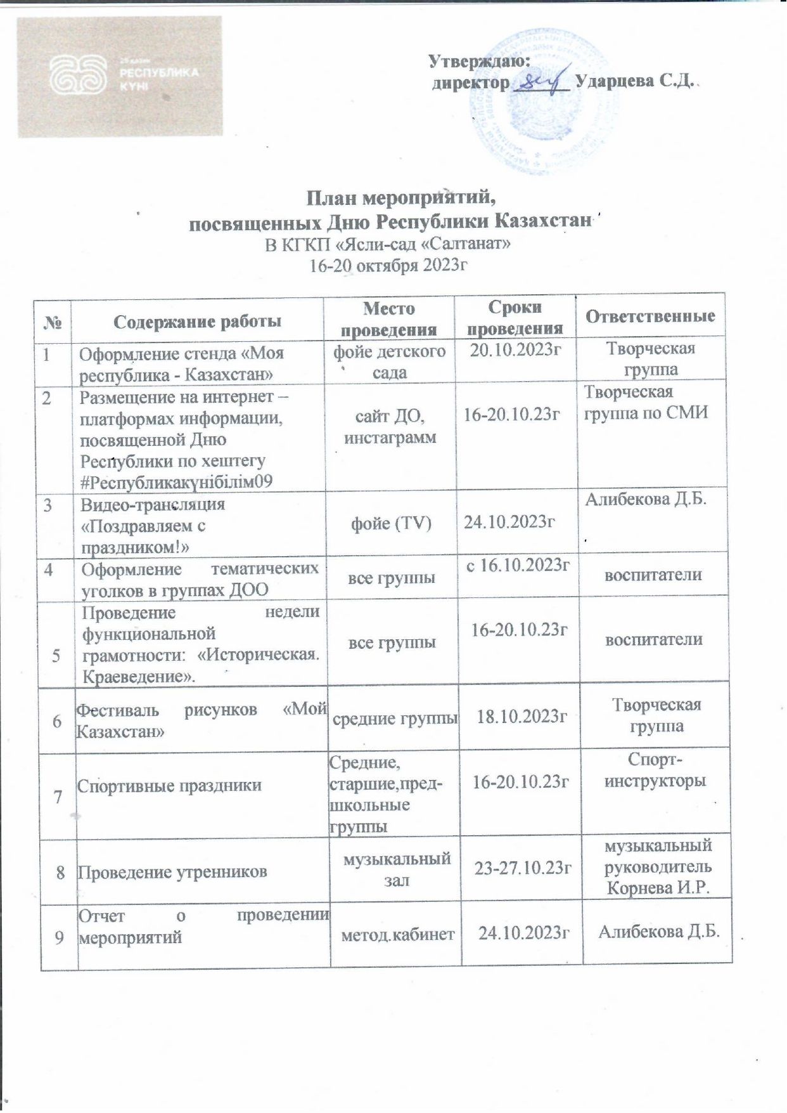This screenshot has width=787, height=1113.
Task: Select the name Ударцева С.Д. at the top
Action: [x=634, y=82]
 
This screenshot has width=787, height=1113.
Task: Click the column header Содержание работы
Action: [x=197, y=321]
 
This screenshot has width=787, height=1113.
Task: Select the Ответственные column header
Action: [x=650, y=316]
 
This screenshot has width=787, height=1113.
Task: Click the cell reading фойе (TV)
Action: [x=391, y=523]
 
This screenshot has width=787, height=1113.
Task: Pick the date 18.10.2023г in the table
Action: [x=521, y=717]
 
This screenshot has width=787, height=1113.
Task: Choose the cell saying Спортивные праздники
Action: [x=169, y=785]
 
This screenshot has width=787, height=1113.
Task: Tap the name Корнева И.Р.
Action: [x=657, y=887]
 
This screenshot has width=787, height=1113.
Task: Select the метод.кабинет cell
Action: [x=398, y=934]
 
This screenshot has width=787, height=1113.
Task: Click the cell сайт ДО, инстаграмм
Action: [x=390, y=426]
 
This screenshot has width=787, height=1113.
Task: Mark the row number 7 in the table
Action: [x=58, y=797]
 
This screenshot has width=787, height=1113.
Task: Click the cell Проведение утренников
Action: [x=172, y=872]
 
